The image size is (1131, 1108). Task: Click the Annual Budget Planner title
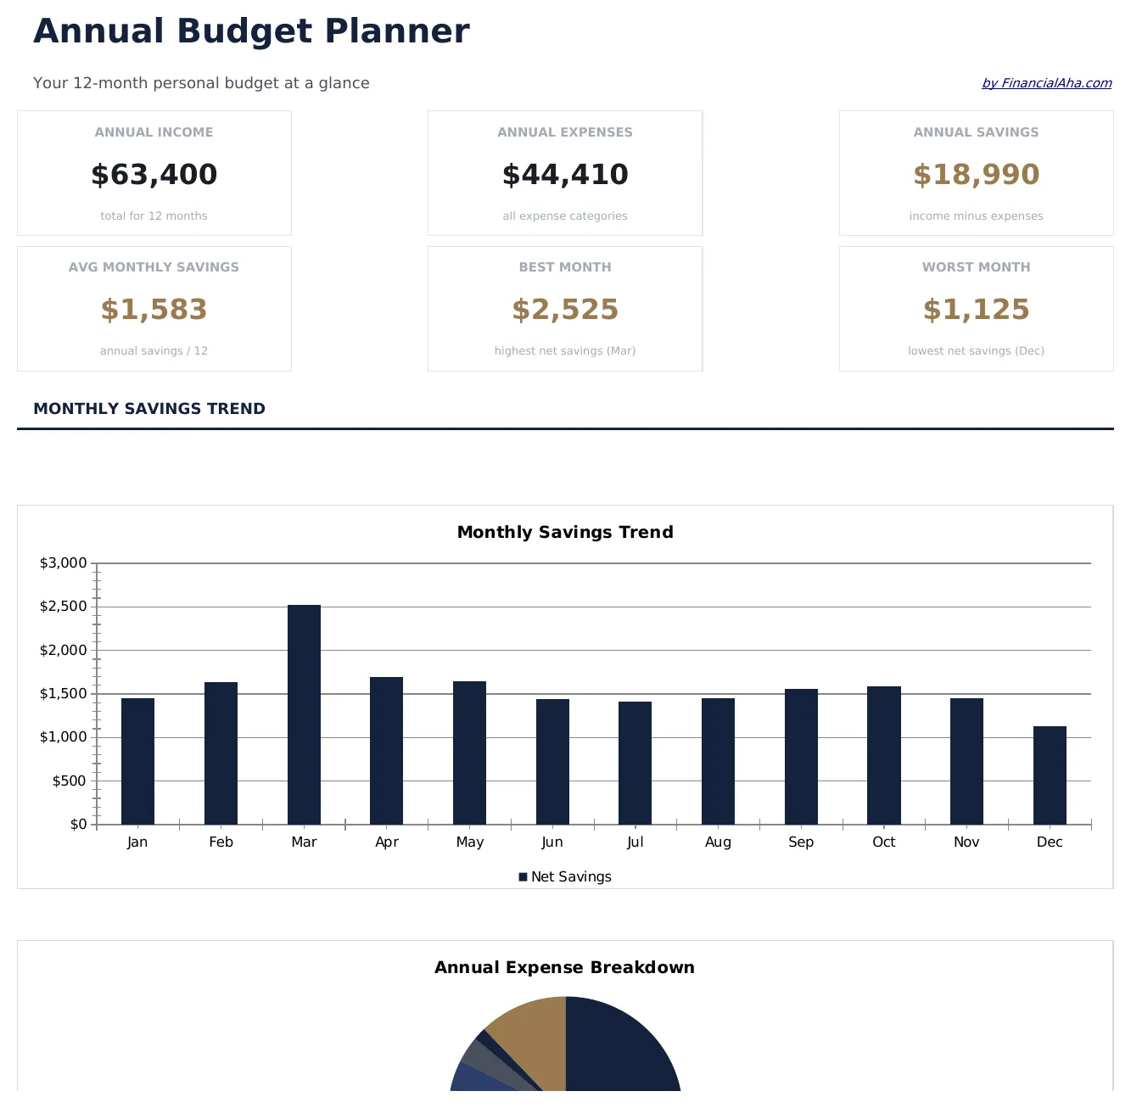(x=251, y=31)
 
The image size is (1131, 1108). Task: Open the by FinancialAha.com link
(x=1046, y=83)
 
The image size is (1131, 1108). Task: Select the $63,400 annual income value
(x=154, y=175)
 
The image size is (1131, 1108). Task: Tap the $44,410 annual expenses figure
(x=565, y=175)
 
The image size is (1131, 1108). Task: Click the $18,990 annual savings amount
(x=976, y=175)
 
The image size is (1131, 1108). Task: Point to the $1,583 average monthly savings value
(x=154, y=310)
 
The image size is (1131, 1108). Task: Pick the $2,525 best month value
(x=565, y=310)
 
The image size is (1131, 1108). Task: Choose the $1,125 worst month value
(x=976, y=310)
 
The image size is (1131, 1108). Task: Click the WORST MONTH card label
(x=976, y=267)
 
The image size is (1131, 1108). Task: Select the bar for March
(x=304, y=714)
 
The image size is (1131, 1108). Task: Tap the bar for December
(x=1050, y=775)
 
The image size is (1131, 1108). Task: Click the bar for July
(x=635, y=763)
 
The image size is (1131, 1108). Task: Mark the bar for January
(x=137, y=761)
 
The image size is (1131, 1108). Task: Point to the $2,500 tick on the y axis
(x=64, y=607)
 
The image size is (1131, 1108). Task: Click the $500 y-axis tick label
(x=70, y=781)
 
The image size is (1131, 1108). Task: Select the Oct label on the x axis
(x=883, y=842)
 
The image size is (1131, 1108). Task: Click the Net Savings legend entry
(x=565, y=876)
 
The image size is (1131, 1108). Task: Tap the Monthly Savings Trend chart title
(x=565, y=532)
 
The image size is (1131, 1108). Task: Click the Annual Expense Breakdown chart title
(x=565, y=967)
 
